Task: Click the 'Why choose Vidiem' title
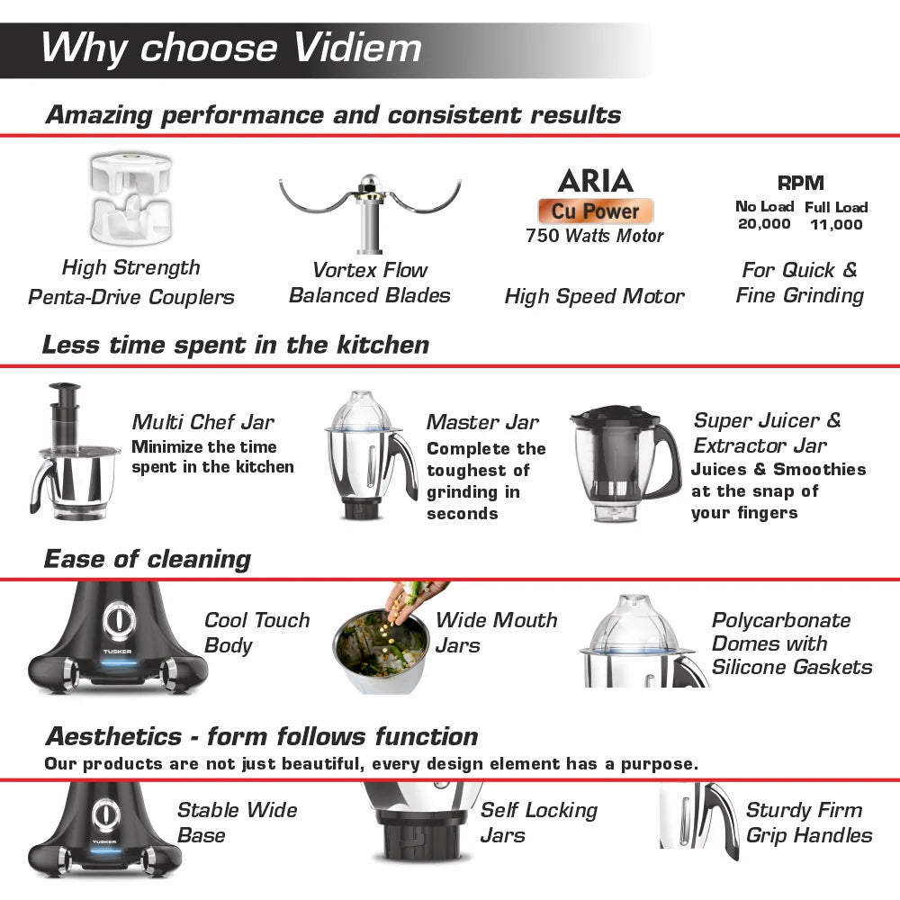pos(230,48)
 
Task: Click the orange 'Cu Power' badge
pos(595,211)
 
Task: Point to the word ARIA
pos(595,181)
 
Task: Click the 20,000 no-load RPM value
pos(764,224)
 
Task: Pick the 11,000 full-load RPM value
pos(836,224)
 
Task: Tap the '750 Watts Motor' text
pos(595,236)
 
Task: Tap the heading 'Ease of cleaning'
pos(147,559)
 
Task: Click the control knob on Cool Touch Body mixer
pos(117,621)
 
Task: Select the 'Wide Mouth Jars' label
pos(496,633)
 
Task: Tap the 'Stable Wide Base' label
pos(237,823)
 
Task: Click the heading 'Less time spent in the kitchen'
pos(236,345)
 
